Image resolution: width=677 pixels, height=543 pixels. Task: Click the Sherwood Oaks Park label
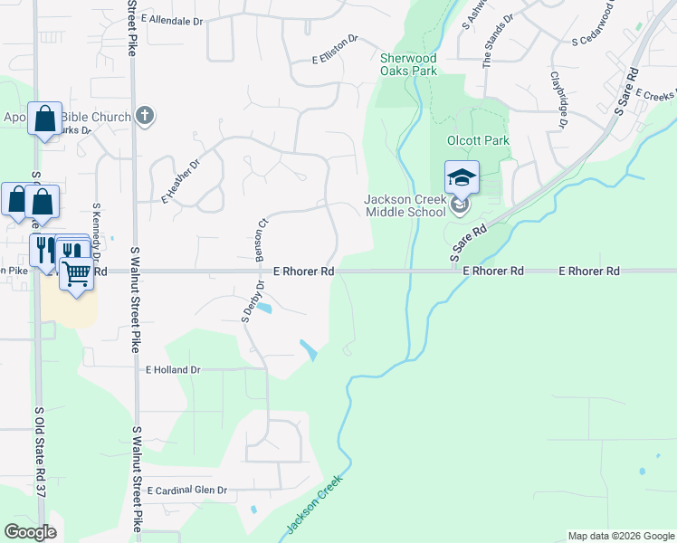click(x=408, y=63)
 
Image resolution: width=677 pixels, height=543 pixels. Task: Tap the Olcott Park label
click(x=479, y=141)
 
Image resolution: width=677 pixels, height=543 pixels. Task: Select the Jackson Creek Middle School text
click(x=405, y=205)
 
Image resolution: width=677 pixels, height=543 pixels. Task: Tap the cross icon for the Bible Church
click(x=144, y=115)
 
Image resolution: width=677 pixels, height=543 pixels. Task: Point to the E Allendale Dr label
click(x=172, y=20)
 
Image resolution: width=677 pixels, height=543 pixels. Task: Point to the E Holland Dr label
click(x=172, y=370)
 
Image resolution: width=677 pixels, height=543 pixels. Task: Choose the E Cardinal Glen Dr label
click(x=185, y=490)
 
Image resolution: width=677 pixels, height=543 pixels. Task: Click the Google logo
click(x=29, y=532)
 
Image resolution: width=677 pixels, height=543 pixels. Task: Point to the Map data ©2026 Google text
click(x=620, y=536)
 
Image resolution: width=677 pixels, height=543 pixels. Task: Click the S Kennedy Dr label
click(x=96, y=230)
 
